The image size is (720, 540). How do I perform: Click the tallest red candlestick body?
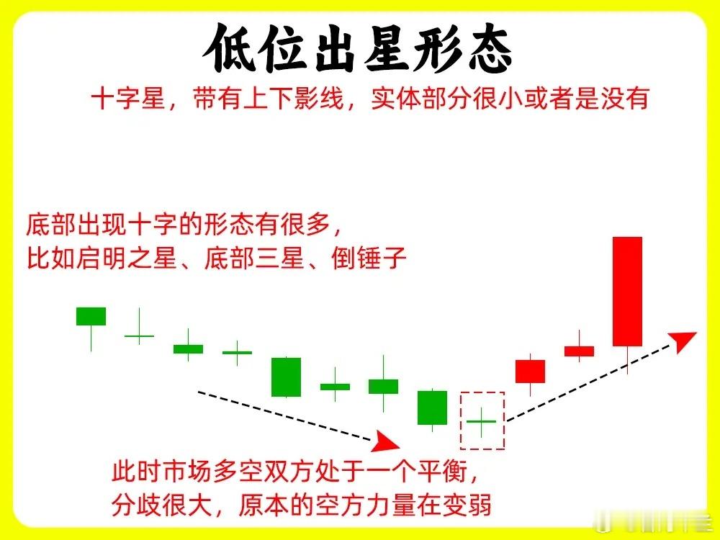(x=627, y=291)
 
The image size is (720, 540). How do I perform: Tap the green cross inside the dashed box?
(x=481, y=421)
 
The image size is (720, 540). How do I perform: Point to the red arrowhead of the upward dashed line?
(x=683, y=341)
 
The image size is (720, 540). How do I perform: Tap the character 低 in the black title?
(x=230, y=48)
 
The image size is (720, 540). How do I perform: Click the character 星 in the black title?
(x=384, y=48)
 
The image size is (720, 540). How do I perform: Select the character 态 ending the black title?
(x=487, y=48)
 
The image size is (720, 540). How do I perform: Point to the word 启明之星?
(x=127, y=258)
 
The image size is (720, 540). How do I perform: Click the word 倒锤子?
(x=369, y=258)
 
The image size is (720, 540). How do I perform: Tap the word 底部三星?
(x=254, y=258)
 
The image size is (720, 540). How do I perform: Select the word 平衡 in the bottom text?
(x=442, y=471)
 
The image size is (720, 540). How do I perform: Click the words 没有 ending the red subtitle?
(x=624, y=98)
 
